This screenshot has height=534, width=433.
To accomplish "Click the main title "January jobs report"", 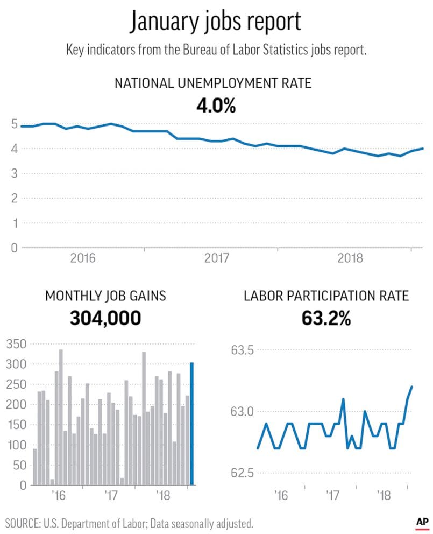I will click(x=216, y=23).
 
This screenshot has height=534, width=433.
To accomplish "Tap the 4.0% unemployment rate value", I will click(x=216, y=104).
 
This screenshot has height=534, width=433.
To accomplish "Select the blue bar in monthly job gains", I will click(x=192, y=424).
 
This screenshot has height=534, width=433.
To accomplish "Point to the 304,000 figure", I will click(x=105, y=318).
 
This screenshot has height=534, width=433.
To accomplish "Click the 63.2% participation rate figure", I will click(x=326, y=318).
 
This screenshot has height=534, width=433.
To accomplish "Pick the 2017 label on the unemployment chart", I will click(x=218, y=258).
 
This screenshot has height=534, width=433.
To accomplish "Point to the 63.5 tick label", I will click(x=242, y=350).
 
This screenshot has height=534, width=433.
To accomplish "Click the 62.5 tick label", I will click(x=242, y=473).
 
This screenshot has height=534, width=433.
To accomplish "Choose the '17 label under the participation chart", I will click(x=331, y=494).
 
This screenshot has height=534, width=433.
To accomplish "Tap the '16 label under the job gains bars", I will click(x=58, y=494).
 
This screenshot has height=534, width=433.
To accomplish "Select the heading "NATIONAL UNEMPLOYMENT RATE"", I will click(x=213, y=83).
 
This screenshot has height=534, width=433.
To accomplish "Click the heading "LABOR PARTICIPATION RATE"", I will click(x=326, y=296).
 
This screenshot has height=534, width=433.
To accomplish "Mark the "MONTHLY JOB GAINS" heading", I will click(x=105, y=296).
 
